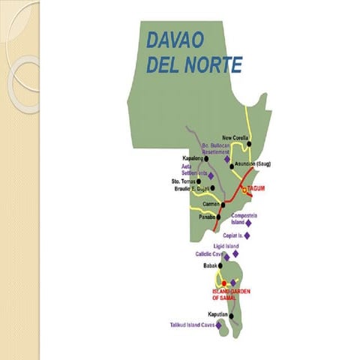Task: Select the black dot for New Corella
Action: pos(250,145)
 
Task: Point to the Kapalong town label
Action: pos(194,158)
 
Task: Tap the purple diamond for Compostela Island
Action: pos(248,223)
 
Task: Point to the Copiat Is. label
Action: pos(231,235)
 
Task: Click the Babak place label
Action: pos(211,266)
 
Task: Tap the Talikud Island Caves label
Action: pos(193,325)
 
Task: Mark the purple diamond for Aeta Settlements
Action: pos(211,175)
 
